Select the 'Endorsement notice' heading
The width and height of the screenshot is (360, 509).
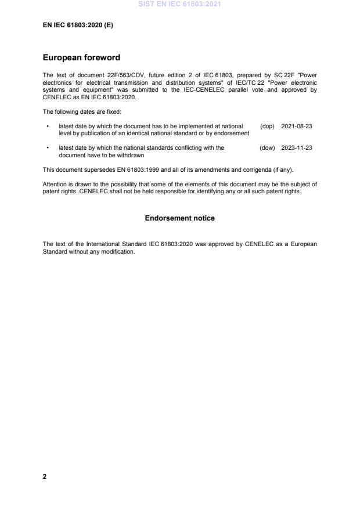tap(179, 218)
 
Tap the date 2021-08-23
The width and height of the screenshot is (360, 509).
tap(297, 126)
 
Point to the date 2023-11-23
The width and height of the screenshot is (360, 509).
tap(297, 148)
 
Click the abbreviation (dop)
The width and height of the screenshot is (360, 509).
tap(267, 126)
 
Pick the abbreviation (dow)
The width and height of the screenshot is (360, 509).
tap(267, 148)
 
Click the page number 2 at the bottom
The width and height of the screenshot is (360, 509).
tap(45, 476)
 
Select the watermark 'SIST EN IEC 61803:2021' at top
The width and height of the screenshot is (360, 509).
tap(179, 5)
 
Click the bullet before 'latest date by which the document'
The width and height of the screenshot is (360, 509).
tap(47, 126)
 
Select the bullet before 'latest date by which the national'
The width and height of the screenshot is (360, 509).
tap(47, 148)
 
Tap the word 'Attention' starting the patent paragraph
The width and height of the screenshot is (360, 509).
tap(55, 184)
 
